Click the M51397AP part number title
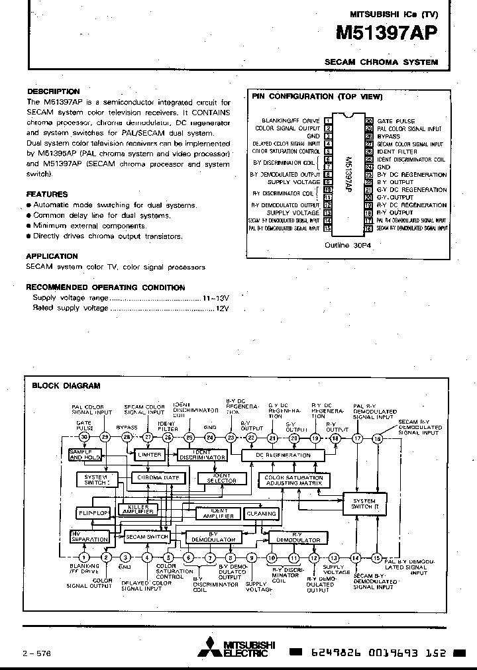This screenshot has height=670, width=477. pyautogui.click(x=387, y=34)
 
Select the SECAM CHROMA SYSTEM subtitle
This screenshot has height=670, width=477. pyautogui.click(x=381, y=62)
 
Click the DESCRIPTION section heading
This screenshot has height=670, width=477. pyautogui.click(x=53, y=91)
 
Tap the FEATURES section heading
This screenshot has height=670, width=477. pyautogui.click(x=47, y=195)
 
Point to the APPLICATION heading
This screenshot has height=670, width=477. pyautogui.click(x=52, y=256)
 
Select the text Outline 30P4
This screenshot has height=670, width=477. pyautogui.click(x=346, y=244)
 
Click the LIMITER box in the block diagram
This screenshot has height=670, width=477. pyautogui.click(x=148, y=455)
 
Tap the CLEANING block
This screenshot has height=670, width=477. pyautogui.click(x=261, y=513)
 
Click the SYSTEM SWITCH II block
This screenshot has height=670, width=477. pyautogui.click(x=363, y=505)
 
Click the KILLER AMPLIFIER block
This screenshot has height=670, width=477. pyautogui.click(x=138, y=508)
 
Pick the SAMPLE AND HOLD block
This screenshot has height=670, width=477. pyautogui.click(x=84, y=455)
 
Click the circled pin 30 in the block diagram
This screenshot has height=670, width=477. pyautogui.click(x=83, y=437)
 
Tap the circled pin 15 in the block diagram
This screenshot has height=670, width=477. pyautogui.click(x=376, y=557)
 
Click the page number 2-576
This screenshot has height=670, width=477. pyautogui.click(x=37, y=652)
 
